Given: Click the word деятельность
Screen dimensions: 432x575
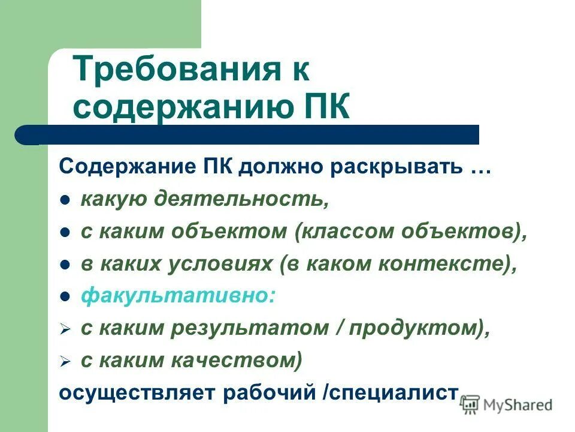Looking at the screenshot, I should point(243,199).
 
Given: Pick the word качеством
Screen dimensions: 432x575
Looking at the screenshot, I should point(243,361).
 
